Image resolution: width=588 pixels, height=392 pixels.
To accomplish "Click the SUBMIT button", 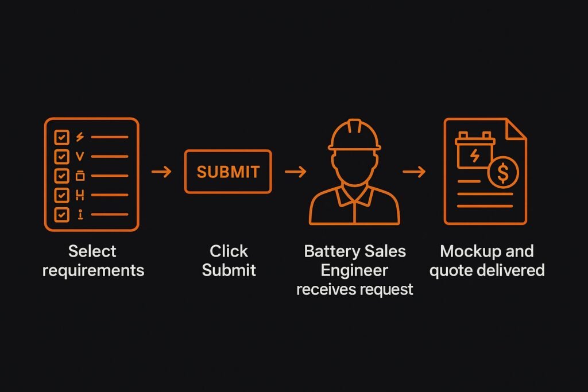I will tap(228, 172).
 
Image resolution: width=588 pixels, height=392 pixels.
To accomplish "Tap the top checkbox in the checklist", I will tap(61, 137).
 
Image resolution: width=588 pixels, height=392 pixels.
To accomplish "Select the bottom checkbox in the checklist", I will tap(61, 215).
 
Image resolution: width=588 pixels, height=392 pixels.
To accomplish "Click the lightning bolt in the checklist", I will tap(80, 137).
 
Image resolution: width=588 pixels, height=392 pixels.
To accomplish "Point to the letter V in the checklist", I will tap(80, 156).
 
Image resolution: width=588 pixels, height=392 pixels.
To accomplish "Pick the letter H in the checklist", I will tap(80, 195).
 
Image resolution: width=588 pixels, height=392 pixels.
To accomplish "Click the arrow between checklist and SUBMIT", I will tap(161, 172).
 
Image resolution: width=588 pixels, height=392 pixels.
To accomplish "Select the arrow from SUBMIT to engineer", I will tap(295, 172).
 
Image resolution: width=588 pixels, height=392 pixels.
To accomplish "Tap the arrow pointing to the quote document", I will tap(414, 172).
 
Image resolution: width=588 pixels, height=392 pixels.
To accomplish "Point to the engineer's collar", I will tap(354, 196).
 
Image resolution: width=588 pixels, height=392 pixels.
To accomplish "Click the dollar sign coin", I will tap(503, 173).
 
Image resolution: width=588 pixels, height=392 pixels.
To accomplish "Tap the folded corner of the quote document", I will tap(516, 129).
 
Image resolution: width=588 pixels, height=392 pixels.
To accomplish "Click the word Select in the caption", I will tap(92, 251).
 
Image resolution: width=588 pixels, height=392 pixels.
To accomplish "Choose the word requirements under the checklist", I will tap(93, 270).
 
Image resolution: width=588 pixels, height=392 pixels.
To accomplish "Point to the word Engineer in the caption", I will tap(354, 270).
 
